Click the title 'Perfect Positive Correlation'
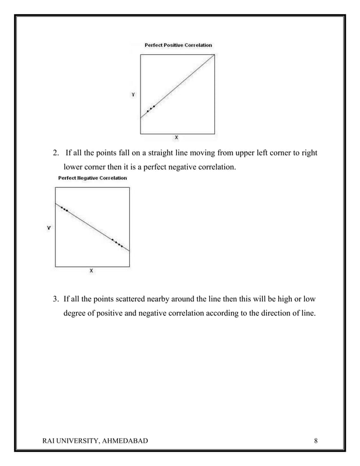(x=178, y=45)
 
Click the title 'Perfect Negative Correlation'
(x=93, y=178)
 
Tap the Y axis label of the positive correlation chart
(x=133, y=95)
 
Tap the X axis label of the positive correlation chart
(x=177, y=138)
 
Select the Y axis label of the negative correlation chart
(x=49, y=228)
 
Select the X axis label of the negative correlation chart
(x=92, y=271)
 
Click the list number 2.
(x=55, y=153)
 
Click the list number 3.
(x=55, y=298)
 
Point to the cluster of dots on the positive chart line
(x=151, y=108)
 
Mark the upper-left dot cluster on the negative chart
(x=64, y=209)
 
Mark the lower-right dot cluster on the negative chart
(x=117, y=243)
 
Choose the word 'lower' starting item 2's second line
(x=73, y=168)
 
